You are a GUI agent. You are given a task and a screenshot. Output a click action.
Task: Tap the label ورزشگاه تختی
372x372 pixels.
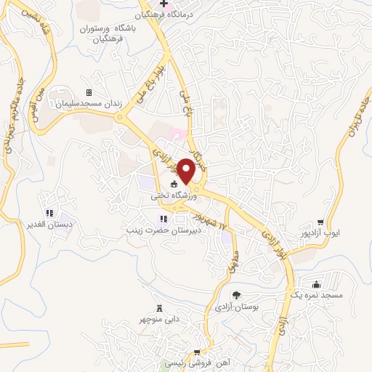pos(169,195)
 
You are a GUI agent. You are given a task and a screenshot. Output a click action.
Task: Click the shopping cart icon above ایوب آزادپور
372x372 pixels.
pos(320,222)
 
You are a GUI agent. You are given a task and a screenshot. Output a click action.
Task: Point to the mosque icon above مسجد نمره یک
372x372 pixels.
pos(316,284)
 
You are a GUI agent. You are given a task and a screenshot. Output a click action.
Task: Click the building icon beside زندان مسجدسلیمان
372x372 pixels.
pos(89,93)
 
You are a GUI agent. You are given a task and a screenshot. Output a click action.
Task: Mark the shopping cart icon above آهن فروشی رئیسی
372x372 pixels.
pos(196,352)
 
